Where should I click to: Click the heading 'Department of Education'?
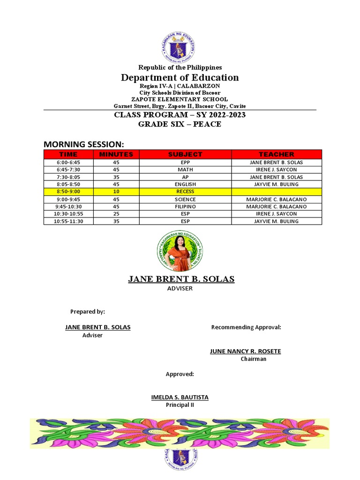180,78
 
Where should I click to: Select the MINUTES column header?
116,154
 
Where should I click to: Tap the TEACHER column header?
277,154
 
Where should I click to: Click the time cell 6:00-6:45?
68,162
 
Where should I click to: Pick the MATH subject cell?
185,170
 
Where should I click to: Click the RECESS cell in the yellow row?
185,192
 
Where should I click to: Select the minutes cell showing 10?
116,192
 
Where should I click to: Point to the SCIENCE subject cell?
185,199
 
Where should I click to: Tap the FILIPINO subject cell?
185,206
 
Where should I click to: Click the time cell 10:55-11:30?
68,221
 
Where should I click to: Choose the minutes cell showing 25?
116,214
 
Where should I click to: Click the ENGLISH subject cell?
185,184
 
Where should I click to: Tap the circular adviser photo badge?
180,251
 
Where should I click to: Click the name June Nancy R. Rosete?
245,351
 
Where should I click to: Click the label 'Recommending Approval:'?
246,327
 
